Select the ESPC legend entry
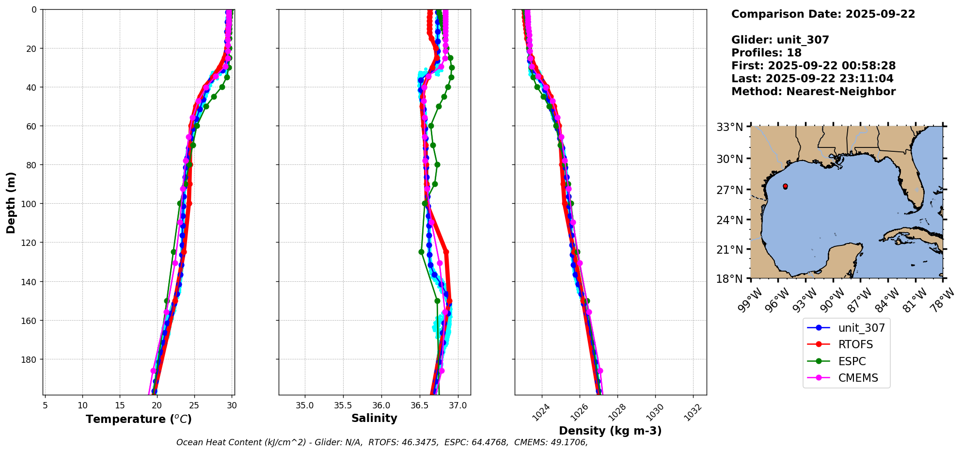point(852,361)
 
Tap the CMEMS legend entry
point(858,378)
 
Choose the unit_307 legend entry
point(861,328)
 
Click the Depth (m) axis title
point(11,202)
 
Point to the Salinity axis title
point(374,418)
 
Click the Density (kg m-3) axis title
point(610,431)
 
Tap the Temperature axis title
point(139,419)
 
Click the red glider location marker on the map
point(785,186)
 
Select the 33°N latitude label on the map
point(730,127)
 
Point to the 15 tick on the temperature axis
point(120,405)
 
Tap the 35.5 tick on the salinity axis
point(343,405)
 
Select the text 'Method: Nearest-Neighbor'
point(813,92)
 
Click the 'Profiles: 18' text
point(766,53)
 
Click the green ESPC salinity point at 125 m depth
point(421,252)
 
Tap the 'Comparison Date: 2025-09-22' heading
point(823,14)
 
